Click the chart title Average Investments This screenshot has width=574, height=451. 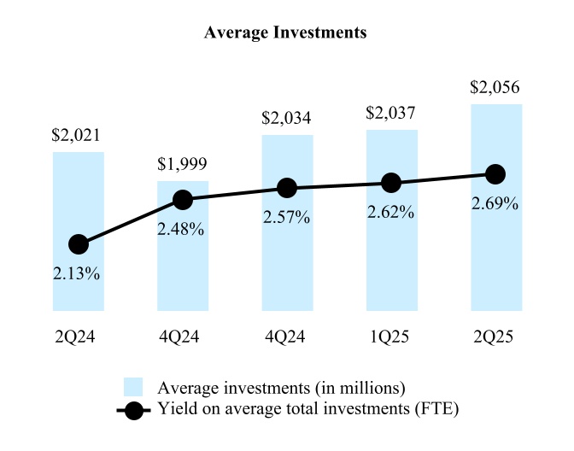coord(286,33)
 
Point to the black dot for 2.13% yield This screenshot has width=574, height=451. coord(79,244)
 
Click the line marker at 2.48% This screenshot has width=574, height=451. coord(183,200)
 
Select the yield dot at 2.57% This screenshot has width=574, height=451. coord(287,188)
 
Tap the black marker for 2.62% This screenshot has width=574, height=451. coord(391,182)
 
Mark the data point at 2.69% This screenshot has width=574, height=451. coord(495,174)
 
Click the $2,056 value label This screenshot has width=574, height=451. coord(495,88)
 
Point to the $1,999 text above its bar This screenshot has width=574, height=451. coord(183,165)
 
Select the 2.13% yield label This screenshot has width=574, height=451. coord(79,274)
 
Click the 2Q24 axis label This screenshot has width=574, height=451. coord(79,337)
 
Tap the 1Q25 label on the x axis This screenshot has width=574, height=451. coord(391,337)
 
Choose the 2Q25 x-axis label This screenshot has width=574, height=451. coord(495,337)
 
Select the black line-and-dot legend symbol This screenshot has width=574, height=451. coord(133,410)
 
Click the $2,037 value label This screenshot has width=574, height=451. coord(391,114)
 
